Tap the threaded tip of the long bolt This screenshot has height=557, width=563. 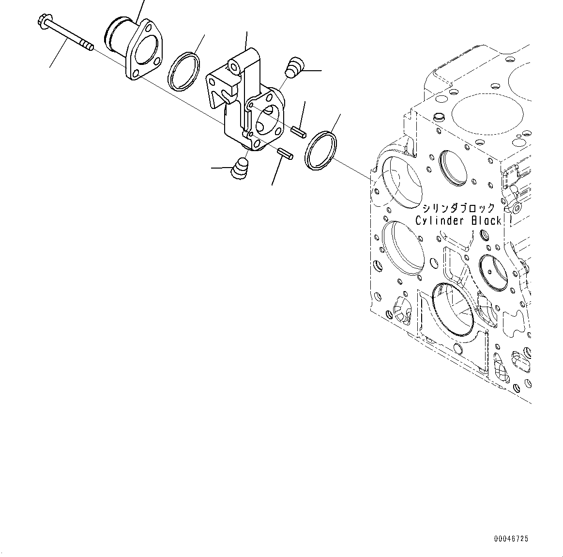click(87, 46)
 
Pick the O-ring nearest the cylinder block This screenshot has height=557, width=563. click(321, 151)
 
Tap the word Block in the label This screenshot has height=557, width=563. click(487, 221)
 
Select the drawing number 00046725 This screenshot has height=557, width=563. click(511, 539)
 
